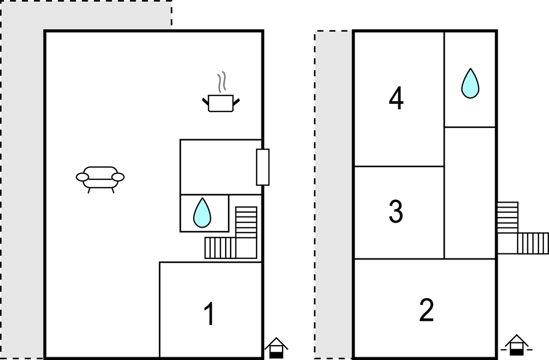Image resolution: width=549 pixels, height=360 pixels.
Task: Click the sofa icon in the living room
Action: tap(100, 179)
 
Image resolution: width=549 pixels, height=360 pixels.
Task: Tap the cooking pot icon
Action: tap(221, 103)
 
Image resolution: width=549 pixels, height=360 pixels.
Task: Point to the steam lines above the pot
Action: tap(221, 82)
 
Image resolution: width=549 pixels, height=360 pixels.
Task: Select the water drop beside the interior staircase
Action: tap(202, 213)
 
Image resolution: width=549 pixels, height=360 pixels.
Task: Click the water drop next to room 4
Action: tap(470, 83)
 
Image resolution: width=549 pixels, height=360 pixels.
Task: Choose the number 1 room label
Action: tap(209, 314)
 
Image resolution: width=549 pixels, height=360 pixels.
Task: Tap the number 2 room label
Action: tap(427, 310)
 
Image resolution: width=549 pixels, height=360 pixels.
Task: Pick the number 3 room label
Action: tap(396, 211)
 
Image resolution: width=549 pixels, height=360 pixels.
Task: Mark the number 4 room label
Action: tap(396, 98)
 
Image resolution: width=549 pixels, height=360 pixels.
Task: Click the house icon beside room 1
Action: tap(276, 348)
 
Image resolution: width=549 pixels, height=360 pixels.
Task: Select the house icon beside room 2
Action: tap(517, 345)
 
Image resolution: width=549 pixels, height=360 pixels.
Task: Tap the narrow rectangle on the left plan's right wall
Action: tap(263, 167)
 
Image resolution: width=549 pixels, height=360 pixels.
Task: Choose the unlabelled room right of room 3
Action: tap(470, 193)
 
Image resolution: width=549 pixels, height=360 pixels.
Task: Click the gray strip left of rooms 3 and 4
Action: tap(334, 194)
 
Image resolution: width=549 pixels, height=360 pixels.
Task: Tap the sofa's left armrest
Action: tap(82, 177)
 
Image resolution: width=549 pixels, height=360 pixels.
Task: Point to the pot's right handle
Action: tap(236, 102)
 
